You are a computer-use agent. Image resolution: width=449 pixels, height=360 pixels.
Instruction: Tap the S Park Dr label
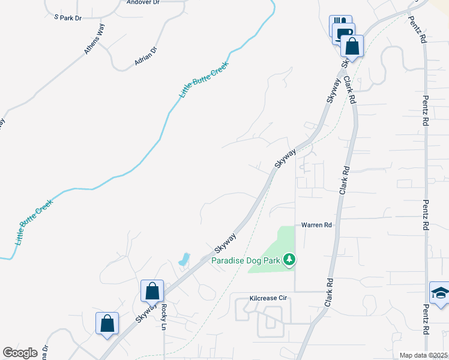click(x=67, y=18)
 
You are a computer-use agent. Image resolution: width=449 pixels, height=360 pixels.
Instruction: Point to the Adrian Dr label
click(x=145, y=57)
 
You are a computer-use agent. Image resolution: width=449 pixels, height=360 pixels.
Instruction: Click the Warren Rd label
click(x=316, y=225)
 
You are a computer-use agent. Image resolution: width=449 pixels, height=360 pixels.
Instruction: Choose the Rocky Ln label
click(x=163, y=314)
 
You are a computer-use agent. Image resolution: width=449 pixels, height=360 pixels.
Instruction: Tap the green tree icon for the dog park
click(x=291, y=260)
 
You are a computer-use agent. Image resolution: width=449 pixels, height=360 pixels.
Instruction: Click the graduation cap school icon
click(x=439, y=293)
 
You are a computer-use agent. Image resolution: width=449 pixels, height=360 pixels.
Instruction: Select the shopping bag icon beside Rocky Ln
click(x=152, y=291)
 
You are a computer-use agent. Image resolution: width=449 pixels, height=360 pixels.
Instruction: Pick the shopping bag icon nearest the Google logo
click(x=107, y=323)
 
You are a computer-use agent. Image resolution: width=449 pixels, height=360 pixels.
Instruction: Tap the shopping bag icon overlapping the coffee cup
click(x=352, y=46)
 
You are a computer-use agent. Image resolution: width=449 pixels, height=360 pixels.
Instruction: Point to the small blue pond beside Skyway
click(x=183, y=260)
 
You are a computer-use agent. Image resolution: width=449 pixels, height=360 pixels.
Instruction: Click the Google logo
click(x=20, y=353)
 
